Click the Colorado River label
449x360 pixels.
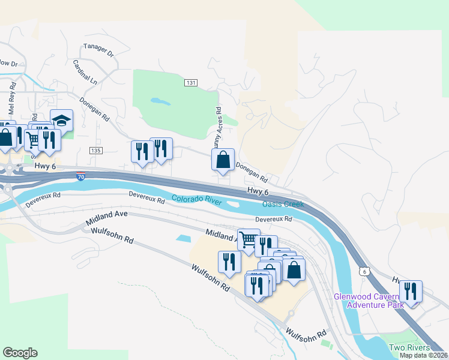pos(197,200)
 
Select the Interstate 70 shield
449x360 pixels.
pos(81,176)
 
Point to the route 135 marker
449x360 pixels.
pos(95,149)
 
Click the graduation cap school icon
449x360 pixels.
pos(61,120)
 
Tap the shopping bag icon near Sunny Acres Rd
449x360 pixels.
pos(223,160)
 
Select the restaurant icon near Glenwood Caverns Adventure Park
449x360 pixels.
pos(411,292)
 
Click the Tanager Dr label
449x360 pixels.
pos(99,50)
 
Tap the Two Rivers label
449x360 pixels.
pos(409,348)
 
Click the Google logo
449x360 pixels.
pos(20,353)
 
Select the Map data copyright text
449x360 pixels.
pos(424,355)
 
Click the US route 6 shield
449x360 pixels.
pos(364,272)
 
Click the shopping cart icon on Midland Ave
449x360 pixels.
pos(248,240)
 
